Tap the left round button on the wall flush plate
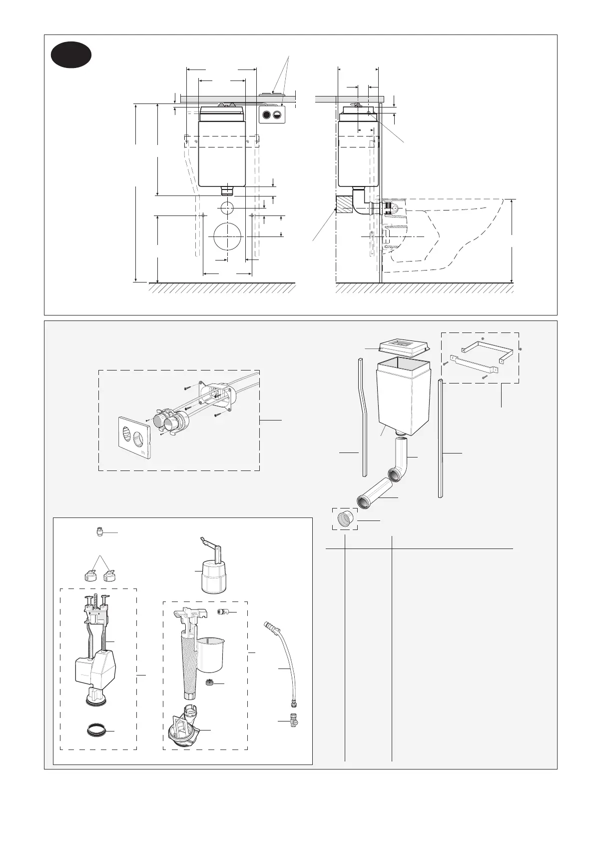click(x=266, y=115)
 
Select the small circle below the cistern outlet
click(x=227, y=207)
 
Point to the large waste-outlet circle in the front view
click(x=227, y=236)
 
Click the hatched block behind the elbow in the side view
click(x=344, y=204)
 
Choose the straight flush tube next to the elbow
click(x=373, y=495)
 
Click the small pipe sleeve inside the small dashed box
click(x=345, y=519)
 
